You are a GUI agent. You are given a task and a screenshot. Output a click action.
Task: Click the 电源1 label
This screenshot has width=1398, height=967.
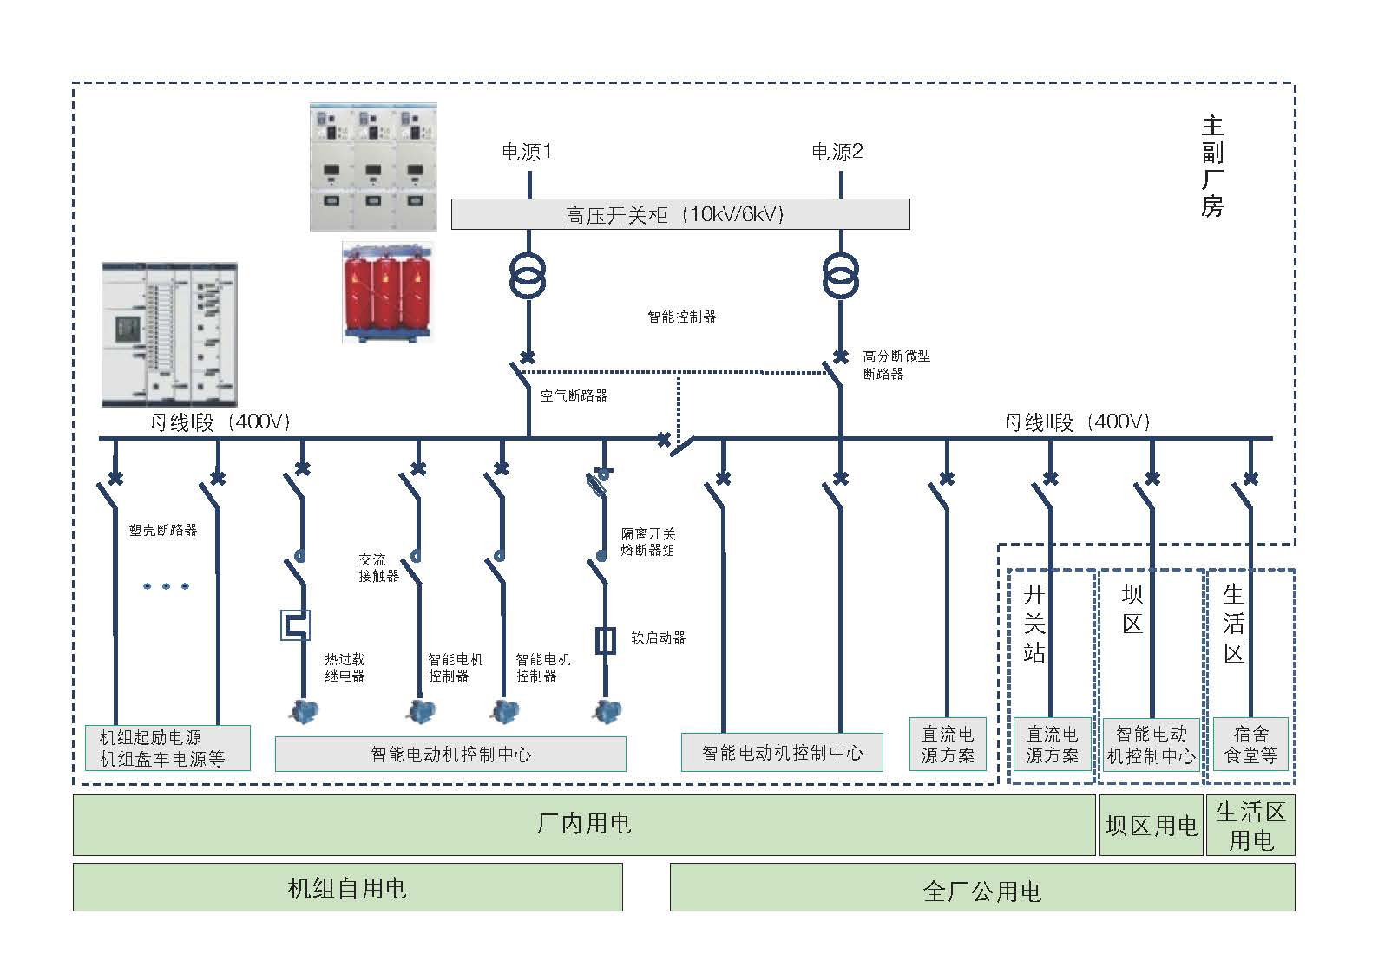[526, 152]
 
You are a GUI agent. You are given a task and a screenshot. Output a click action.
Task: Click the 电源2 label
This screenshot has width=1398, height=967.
[837, 152]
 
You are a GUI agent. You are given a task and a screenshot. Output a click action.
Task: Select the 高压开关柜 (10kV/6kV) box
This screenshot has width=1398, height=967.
[679, 214]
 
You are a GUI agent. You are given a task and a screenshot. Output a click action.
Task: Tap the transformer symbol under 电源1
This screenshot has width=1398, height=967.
[528, 275]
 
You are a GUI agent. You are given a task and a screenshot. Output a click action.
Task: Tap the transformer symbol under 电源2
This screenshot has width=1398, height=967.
[840, 275]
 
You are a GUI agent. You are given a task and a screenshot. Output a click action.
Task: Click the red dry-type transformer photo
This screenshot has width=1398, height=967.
[386, 291]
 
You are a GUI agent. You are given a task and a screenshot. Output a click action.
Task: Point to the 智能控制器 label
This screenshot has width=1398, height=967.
[681, 317]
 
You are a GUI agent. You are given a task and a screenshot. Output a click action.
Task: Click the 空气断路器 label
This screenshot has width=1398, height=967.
[574, 395]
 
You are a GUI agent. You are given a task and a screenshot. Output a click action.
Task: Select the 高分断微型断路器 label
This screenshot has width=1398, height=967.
[896, 364]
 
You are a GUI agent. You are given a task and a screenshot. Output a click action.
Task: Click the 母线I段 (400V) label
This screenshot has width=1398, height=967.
[219, 422]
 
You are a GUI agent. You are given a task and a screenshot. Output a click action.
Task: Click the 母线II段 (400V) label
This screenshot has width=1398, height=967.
[1076, 422]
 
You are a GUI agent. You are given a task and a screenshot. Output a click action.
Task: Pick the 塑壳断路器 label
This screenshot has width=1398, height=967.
[163, 530]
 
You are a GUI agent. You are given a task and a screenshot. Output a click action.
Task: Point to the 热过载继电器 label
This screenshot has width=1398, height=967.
[345, 667]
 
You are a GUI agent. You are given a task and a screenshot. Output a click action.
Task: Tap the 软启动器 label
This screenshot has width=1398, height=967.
[658, 637]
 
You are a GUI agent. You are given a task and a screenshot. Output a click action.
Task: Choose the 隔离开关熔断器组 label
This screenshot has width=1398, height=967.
[647, 542]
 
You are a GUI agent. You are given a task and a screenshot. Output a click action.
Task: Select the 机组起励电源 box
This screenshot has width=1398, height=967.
[167, 748]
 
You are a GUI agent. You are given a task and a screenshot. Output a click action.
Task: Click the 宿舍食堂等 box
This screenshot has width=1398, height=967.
[1250, 744]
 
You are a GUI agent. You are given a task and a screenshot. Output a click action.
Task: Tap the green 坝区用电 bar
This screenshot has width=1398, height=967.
[1151, 826]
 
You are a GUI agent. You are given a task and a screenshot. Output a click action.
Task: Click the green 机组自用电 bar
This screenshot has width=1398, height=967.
[347, 887]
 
